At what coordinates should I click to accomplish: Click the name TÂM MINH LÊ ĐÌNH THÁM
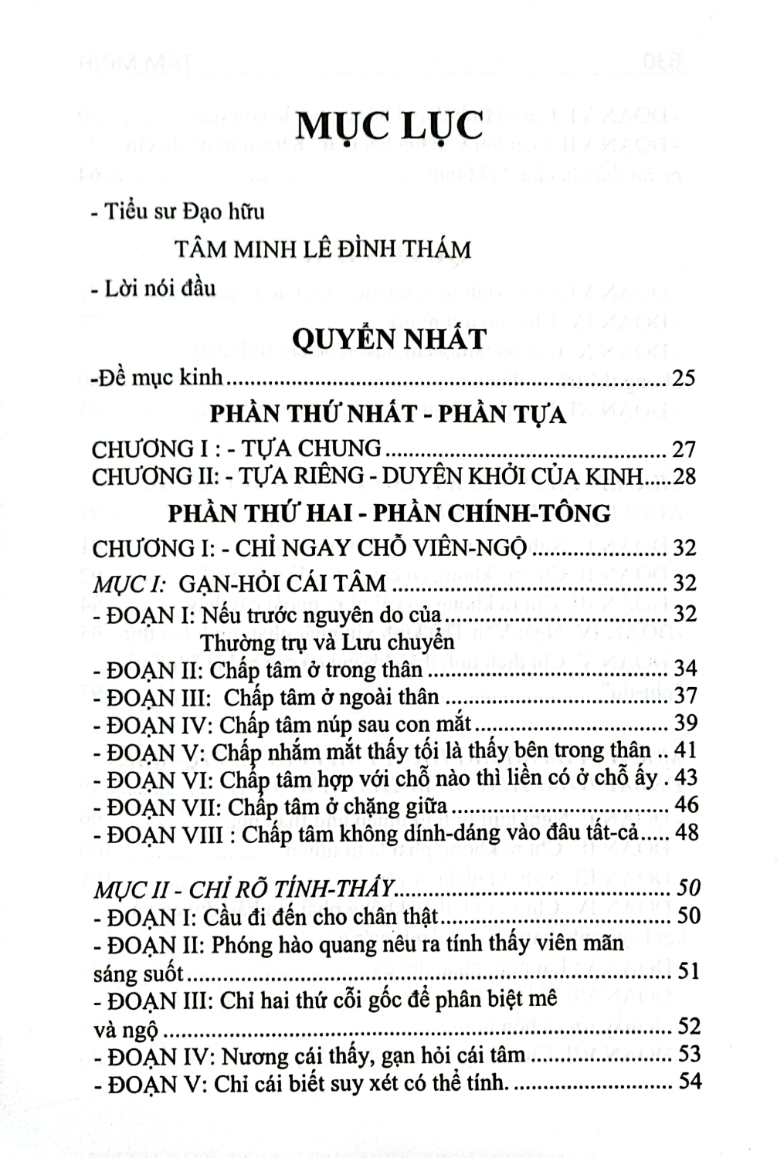pyautogui.click(x=323, y=250)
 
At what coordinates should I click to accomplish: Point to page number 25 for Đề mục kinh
pyautogui.click(x=684, y=378)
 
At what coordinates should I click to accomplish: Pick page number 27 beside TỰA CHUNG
pyautogui.click(x=684, y=449)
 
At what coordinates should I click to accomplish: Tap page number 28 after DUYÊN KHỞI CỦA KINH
pyautogui.click(x=684, y=476)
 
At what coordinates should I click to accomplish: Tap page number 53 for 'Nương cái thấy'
pyautogui.click(x=687, y=1054)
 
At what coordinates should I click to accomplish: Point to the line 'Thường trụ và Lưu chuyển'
pyautogui.click(x=327, y=642)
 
